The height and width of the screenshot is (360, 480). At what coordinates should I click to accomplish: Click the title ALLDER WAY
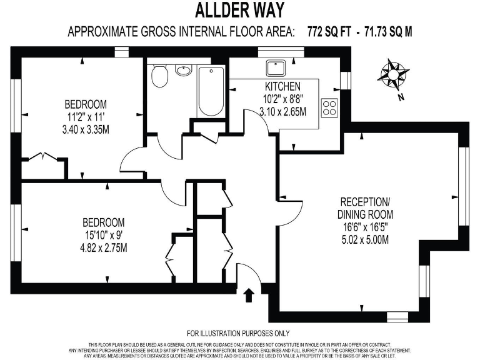coord(240,11)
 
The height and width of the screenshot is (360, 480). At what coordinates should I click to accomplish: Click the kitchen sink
coord(276,67)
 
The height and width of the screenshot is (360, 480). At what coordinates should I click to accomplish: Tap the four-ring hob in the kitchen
coord(329,107)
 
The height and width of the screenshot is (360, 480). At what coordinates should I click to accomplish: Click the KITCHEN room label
coord(282,86)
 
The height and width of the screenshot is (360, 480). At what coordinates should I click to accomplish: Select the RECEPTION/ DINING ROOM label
coord(367,208)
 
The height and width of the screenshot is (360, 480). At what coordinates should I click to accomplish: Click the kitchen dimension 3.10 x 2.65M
coord(282,112)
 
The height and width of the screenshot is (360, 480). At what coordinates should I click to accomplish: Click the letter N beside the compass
coord(400,97)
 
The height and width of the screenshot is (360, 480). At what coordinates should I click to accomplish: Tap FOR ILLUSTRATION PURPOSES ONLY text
coord(239,334)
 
